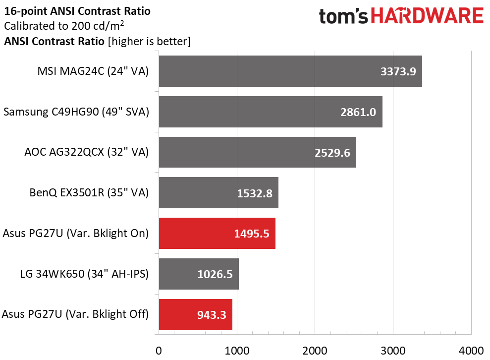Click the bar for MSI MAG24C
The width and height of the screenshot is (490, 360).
pyautogui.click(x=290, y=71)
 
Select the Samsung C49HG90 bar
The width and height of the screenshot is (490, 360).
pyautogui.click(x=270, y=112)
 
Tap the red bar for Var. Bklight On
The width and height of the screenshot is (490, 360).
pyautogui.click(x=217, y=233)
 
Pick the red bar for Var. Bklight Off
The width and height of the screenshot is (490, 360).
pyautogui.click(x=195, y=314)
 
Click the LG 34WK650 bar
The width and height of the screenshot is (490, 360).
pyautogui.click(x=198, y=273)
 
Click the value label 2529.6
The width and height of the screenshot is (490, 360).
pyautogui.click(x=332, y=152)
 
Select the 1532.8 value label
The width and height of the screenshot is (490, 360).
pyautogui.click(x=254, y=193)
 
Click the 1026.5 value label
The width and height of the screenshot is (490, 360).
pyautogui.click(x=215, y=274)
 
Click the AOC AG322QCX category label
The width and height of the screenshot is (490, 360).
pyautogui.click(x=86, y=152)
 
